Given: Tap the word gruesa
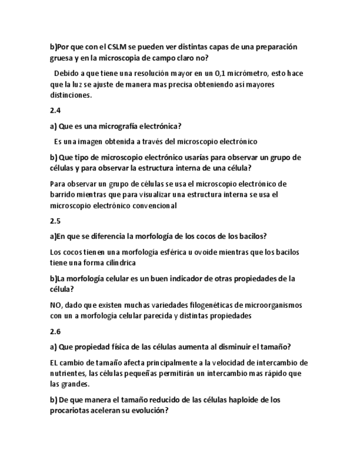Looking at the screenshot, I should (62, 58).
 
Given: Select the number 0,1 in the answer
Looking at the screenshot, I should (221, 73).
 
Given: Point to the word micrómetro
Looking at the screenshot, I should (248, 73).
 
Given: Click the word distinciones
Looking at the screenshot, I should (71, 95).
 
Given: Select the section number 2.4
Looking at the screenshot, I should (55, 110).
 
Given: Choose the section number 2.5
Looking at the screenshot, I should (55, 221).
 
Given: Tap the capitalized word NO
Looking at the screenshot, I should (56, 305).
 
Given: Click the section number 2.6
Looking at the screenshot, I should (55, 331).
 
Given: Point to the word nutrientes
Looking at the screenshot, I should (68, 374).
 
